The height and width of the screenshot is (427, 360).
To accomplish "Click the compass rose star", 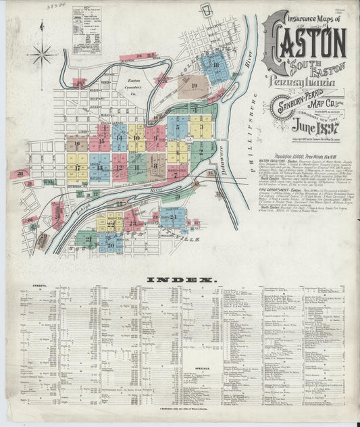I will (43, 52).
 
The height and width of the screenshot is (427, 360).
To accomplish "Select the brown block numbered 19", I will (194, 86).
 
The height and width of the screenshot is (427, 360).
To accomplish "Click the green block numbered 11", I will (137, 166).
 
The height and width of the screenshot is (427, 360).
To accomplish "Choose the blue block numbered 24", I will (174, 218).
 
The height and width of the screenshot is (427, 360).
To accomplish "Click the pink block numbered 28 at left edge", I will (19, 174).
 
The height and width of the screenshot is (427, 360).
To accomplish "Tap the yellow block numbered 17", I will (79, 167).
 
